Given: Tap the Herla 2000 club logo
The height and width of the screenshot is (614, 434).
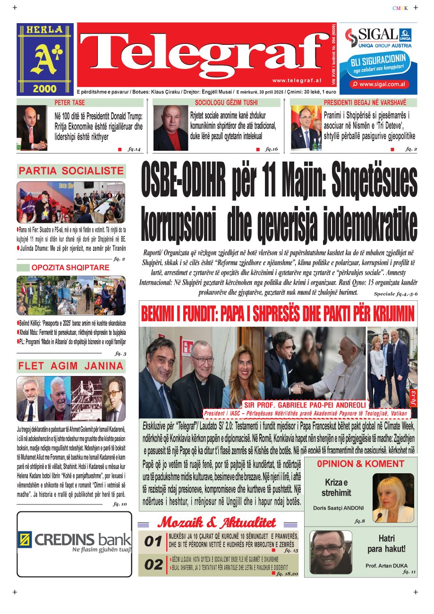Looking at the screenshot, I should (x=45, y=59).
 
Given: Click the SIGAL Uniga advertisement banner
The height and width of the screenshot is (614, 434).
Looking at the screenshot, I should (x=378, y=59).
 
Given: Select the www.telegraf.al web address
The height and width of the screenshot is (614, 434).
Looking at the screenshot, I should (x=297, y=81).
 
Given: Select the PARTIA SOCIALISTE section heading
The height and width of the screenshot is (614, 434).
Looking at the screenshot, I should (x=71, y=171).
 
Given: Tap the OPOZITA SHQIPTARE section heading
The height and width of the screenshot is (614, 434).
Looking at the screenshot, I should (x=70, y=268).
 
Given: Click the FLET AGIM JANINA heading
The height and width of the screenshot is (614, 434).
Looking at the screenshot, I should (x=71, y=366).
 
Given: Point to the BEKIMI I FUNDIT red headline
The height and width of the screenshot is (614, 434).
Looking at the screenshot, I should (x=278, y=313).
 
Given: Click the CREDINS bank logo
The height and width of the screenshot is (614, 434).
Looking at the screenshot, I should (x=74, y=540).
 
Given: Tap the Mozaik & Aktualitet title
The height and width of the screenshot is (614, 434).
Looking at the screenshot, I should (x=217, y=522).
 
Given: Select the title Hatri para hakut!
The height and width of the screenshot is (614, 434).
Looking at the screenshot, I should (x=386, y=544).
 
